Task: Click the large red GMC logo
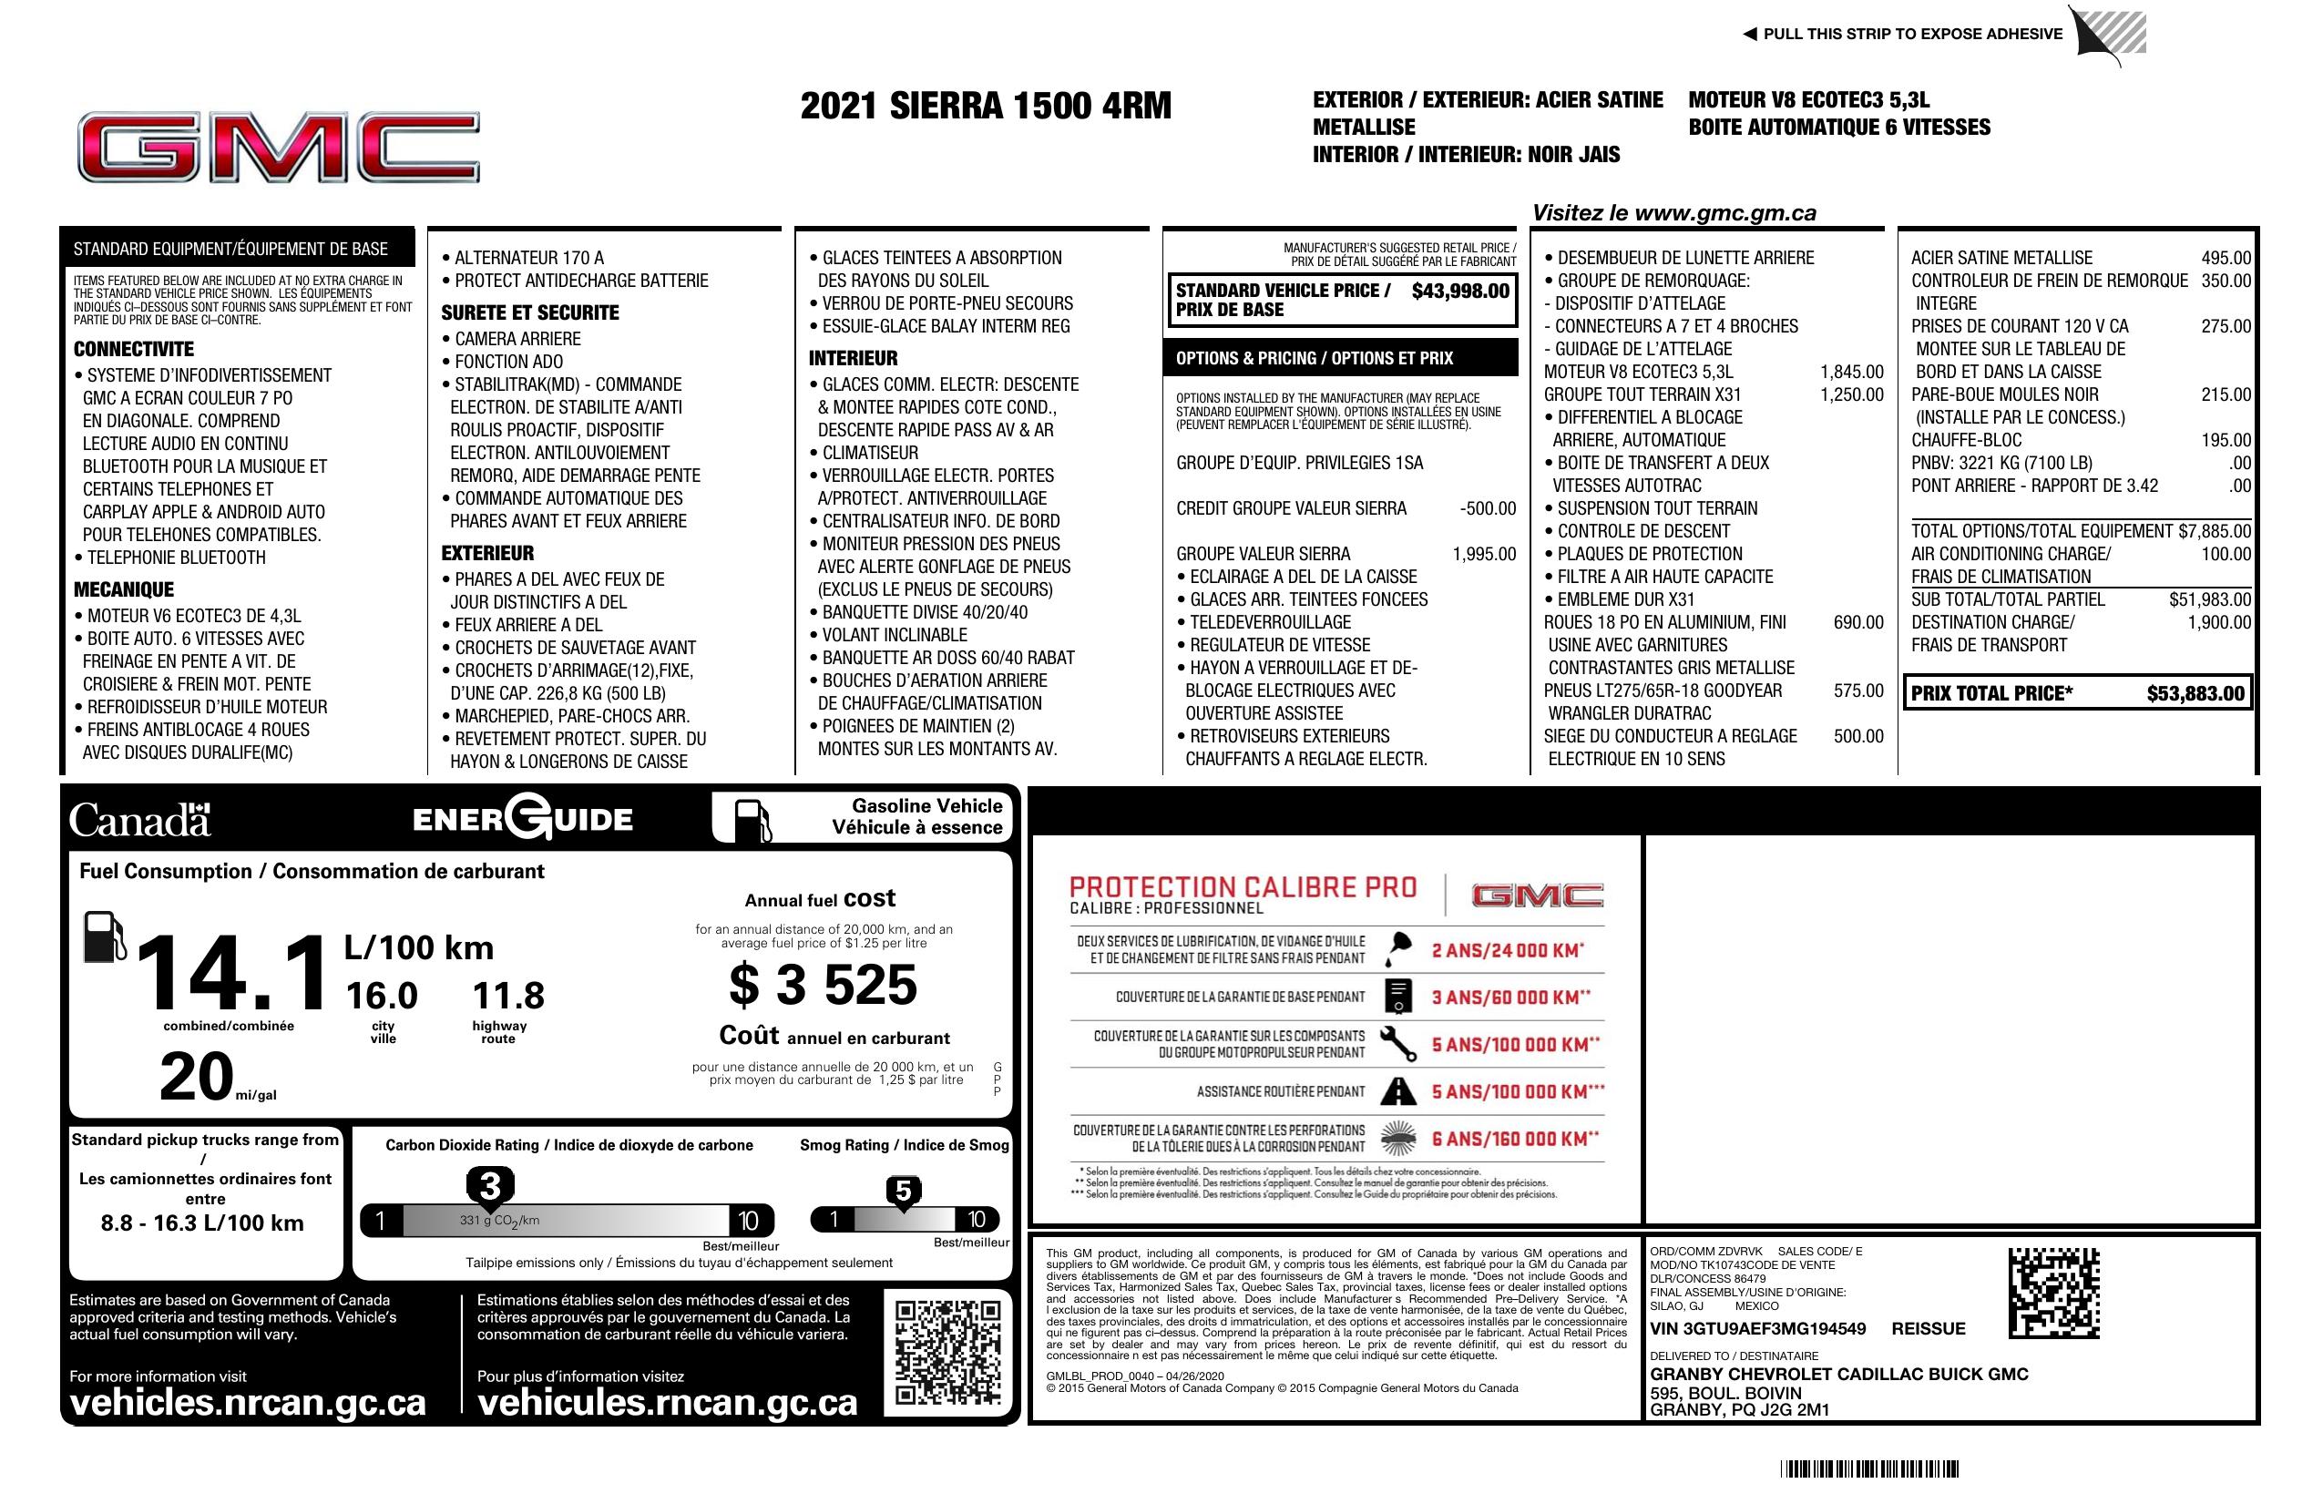(x=278, y=148)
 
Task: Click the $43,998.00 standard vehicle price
(x=1459, y=291)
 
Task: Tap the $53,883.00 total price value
(x=2195, y=694)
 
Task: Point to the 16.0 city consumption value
(x=382, y=996)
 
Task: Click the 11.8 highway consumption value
(x=507, y=996)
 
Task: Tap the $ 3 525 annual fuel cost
(x=823, y=984)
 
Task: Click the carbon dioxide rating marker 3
(x=490, y=1187)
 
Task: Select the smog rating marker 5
(x=903, y=1192)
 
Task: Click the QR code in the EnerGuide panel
(x=947, y=1352)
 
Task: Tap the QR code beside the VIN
(x=2053, y=1293)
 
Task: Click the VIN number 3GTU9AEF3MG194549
(x=1757, y=1328)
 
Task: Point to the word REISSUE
(x=1928, y=1328)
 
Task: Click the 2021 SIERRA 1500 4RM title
(x=985, y=106)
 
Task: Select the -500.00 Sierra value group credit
(x=1488, y=508)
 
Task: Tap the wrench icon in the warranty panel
(x=1398, y=1043)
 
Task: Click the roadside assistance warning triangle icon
(x=1398, y=1091)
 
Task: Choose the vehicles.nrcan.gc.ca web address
(x=248, y=1403)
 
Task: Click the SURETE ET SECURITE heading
(x=530, y=313)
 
